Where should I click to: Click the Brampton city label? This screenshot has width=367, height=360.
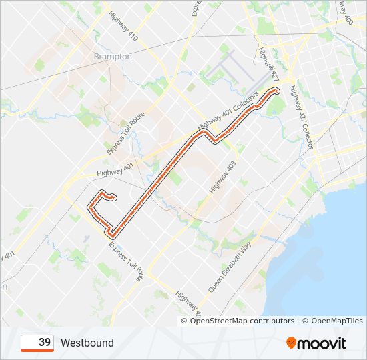[x=113, y=57]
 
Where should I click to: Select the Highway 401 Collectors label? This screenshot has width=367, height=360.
[x=228, y=111]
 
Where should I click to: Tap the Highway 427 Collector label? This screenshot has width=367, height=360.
[x=302, y=121]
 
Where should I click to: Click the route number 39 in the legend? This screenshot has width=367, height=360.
[x=44, y=342]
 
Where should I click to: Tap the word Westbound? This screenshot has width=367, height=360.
[x=87, y=343]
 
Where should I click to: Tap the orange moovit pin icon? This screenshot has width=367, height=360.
[x=292, y=343]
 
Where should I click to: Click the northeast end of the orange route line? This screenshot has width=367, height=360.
[x=276, y=89]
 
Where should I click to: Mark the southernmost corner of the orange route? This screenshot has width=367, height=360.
[x=112, y=235]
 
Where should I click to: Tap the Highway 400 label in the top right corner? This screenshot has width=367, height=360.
[x=347, y=12]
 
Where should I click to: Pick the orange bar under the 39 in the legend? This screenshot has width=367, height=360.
[x=37, y=351]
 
